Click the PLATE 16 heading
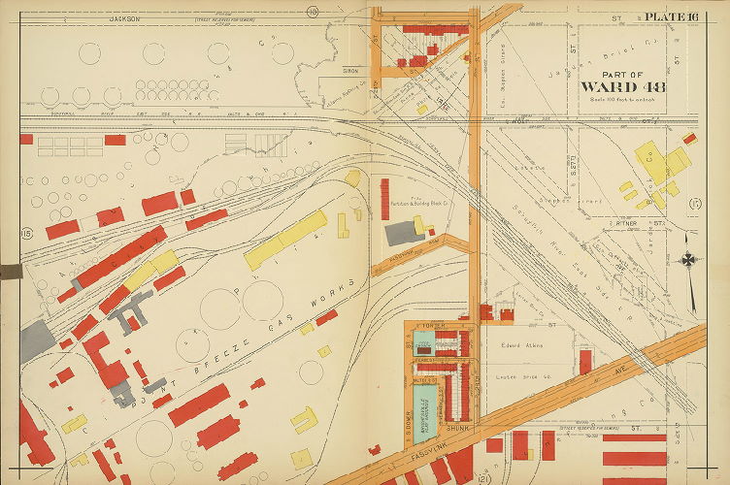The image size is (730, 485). click(672, 16)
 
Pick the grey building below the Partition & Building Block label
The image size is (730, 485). click(400, 233)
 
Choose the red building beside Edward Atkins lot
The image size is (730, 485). click(585, 362)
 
